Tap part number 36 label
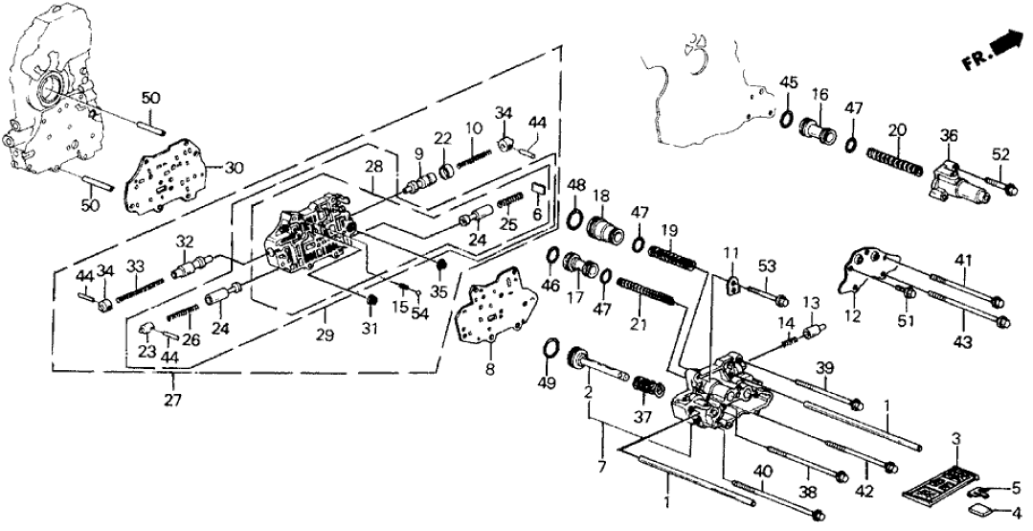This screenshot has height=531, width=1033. (x=949, y=135)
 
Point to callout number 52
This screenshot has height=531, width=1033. (x=1000, y=153)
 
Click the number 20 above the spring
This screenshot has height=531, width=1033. (x=896, y=129)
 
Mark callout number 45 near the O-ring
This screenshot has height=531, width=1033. (x=788, y=81)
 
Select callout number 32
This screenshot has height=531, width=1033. (x=185, y=242)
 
